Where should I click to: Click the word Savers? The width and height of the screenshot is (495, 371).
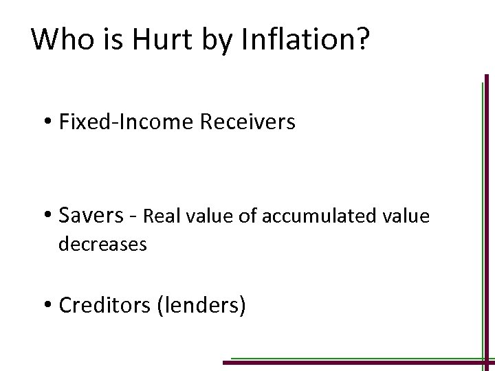[x=89, y=216]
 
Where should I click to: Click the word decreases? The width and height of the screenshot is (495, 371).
[x=103, y=244]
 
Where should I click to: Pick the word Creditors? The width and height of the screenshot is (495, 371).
[x=106, y=304]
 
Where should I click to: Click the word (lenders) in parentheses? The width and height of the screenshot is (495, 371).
[x=202, y=304]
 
